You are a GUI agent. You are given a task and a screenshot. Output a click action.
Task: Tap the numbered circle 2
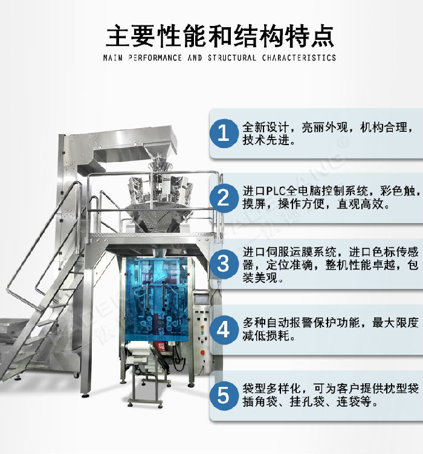point(224,198)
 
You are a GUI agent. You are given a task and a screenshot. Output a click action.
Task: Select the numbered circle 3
point(224,264)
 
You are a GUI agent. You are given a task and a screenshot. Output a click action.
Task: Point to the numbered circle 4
point(224,329)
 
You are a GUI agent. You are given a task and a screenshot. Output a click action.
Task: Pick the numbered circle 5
point(224,395)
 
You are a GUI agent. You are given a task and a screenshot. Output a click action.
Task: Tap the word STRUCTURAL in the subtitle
point(233,58)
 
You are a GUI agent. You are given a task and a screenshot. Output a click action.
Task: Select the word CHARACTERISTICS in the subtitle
point(299,58)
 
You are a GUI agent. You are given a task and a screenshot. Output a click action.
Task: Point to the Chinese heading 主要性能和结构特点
point(219,36)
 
